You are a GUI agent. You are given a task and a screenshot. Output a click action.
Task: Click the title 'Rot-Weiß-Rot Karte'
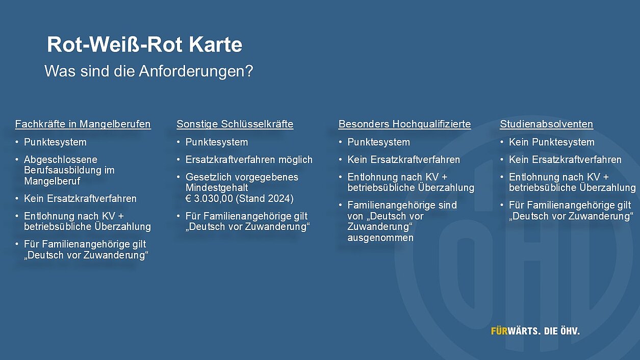[x=144, y=44]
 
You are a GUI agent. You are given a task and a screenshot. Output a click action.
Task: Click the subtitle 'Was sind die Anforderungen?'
[x=148, y=71]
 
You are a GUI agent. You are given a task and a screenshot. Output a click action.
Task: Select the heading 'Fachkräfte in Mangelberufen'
[x=83, y=124]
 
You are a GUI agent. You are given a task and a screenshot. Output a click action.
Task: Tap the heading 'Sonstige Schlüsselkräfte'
[x=235, y=124]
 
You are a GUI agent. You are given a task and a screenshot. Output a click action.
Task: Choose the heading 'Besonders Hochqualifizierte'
[x=404, y=124]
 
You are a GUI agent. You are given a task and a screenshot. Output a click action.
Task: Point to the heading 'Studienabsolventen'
[x=547, y=124]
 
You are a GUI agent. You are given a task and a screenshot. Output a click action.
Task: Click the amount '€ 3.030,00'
[x=209, y=198]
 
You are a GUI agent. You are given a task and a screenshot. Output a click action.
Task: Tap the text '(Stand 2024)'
[x=265, y=198]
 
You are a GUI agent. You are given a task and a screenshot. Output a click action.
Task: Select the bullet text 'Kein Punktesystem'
[x=552, y=142]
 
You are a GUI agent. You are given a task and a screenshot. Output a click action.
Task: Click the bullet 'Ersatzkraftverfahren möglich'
[x=249, y=160]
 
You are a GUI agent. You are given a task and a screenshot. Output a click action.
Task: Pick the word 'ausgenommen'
[x=380, y=238]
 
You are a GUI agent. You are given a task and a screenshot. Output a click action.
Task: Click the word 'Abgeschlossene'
[x=61, y=160]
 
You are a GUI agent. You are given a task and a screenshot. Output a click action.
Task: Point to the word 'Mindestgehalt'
[x=217, y=188]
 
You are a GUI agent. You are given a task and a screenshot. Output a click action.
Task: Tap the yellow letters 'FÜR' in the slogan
[x=499, y=331]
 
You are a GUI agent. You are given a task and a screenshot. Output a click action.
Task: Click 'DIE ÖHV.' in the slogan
[x=561, y=331]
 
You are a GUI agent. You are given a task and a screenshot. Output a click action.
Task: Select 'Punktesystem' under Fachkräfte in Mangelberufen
[x=55, y=142]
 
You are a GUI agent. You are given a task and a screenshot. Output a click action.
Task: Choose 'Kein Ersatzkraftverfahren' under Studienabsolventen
[x=565, y=160]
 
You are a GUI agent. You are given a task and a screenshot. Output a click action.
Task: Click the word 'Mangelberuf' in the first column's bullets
[x=53, y=181]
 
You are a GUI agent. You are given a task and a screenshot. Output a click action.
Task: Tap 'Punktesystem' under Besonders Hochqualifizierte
[x=378, y=142]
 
